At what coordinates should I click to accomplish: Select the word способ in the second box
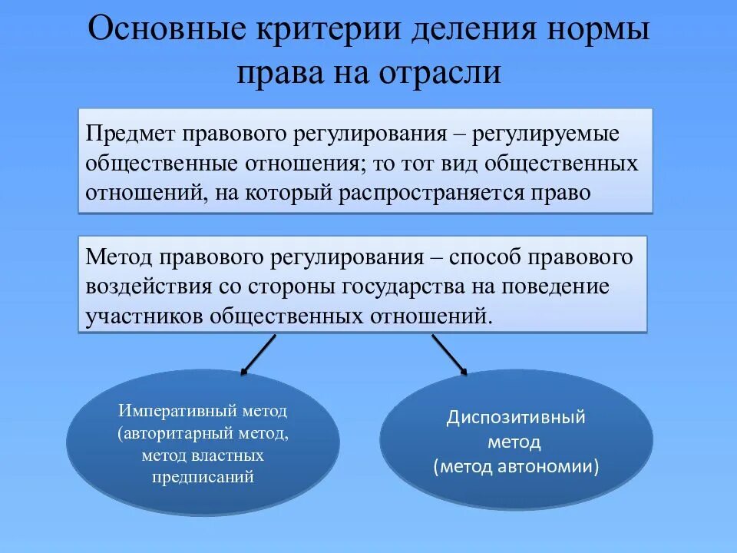(489, 257)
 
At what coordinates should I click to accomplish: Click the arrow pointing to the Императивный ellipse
(259, 354)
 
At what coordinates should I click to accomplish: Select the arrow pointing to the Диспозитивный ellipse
(449, 354)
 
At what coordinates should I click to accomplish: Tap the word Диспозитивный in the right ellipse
(516, 419)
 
